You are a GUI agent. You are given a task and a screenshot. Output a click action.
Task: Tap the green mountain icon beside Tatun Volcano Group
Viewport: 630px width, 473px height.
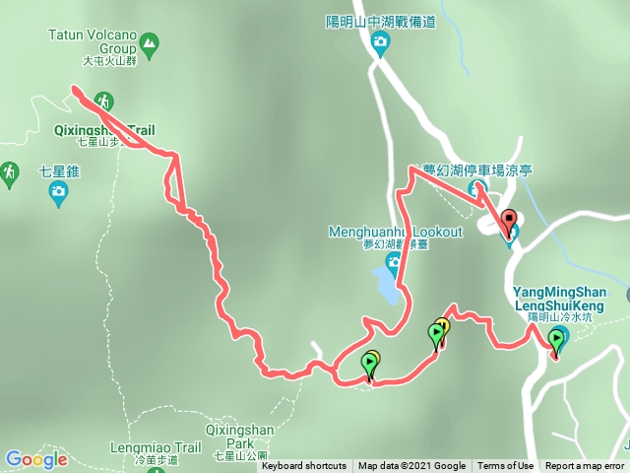149,42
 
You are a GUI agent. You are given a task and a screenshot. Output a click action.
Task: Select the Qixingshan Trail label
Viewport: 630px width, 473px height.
103,129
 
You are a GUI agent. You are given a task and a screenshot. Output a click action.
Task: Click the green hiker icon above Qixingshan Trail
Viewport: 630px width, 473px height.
104,101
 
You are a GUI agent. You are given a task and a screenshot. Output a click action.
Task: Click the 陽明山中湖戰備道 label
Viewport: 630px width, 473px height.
382,21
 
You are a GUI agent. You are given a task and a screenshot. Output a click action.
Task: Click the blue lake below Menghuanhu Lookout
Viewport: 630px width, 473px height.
387,285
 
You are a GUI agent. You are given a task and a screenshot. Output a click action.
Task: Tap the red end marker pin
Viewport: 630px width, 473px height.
508,223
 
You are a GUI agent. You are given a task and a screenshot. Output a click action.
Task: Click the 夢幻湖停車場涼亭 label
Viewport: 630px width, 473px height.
476,169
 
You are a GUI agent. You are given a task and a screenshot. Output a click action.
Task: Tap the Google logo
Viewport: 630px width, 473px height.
35,459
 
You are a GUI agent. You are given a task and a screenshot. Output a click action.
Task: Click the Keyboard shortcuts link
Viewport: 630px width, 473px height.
303,466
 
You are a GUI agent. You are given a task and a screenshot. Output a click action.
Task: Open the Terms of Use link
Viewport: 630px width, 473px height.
505,466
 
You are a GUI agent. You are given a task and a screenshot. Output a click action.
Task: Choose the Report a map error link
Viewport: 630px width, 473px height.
585,466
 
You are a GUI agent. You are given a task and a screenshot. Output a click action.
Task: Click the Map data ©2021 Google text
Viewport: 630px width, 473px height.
411,466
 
